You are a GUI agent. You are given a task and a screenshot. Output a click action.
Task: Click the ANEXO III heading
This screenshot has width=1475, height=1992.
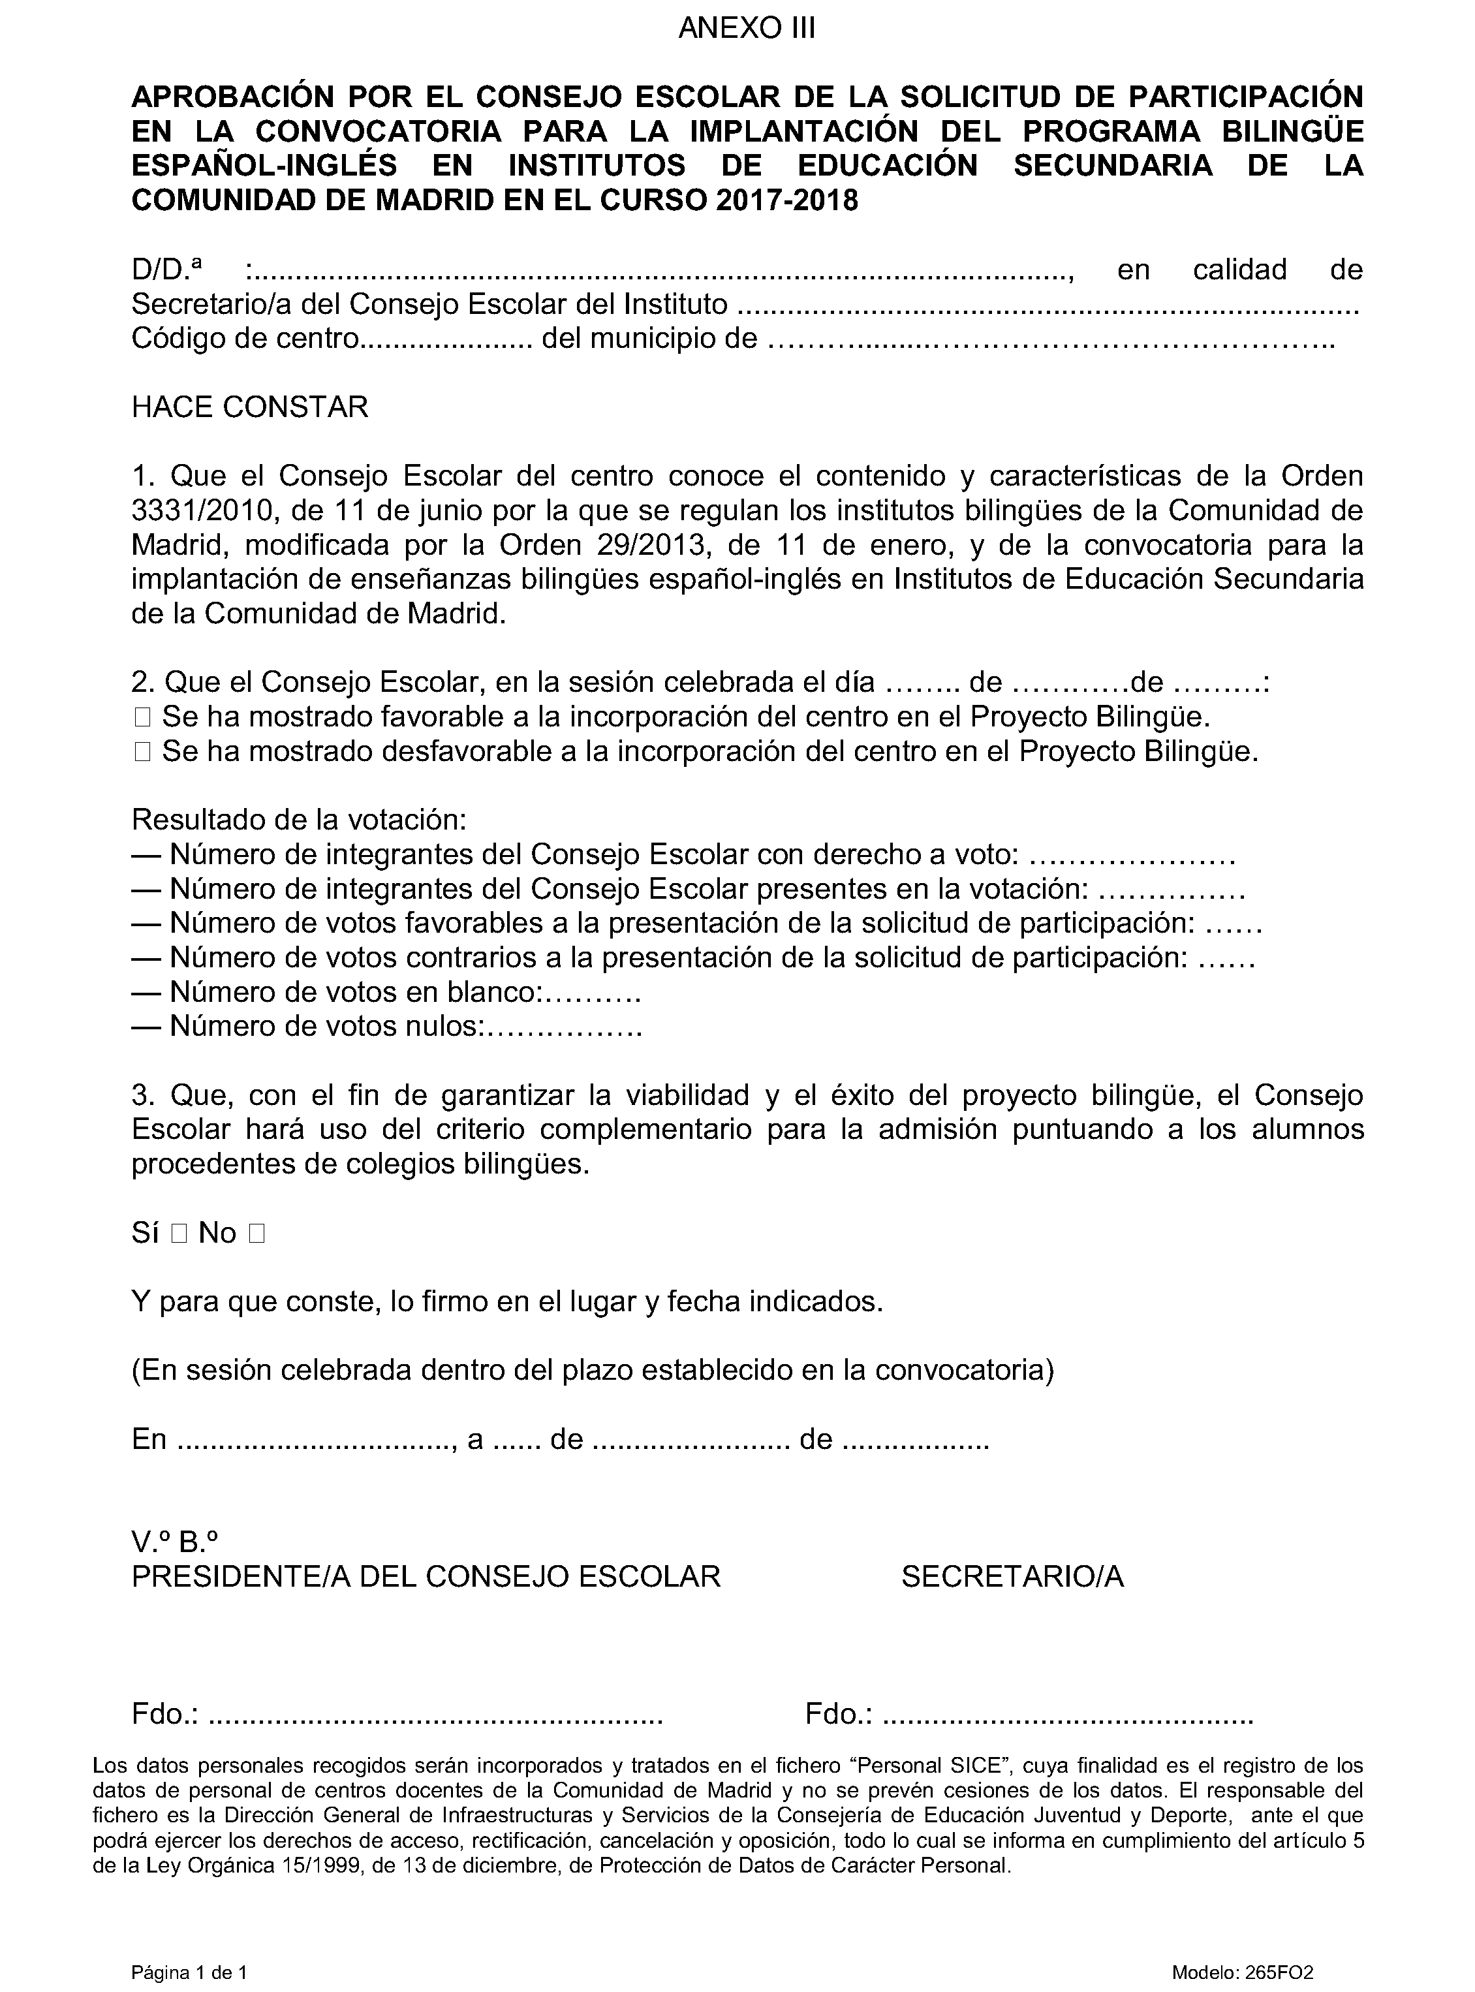click(x=747, y=29)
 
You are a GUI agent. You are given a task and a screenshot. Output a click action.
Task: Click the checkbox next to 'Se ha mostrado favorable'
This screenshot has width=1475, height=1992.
click(x=143, y=717)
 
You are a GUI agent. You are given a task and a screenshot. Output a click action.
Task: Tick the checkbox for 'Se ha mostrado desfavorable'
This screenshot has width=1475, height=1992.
click(x=143, y=752)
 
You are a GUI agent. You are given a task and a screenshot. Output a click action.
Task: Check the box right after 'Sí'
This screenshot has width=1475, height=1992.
click(x=178, y=1234)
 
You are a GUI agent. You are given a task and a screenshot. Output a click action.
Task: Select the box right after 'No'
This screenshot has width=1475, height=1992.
click(x=257, y=1234)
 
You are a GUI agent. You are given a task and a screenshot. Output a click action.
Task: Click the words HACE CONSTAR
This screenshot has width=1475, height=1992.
click(x=249, y=407)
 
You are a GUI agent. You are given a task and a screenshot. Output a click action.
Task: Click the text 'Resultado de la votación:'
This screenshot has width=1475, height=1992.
click(x=299, y=820)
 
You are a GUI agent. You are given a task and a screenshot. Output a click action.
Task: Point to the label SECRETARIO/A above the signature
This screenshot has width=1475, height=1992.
click(x=1012, y=1577)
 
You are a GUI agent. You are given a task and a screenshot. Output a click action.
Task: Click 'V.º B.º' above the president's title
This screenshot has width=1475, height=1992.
click(x=175, y=1542)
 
